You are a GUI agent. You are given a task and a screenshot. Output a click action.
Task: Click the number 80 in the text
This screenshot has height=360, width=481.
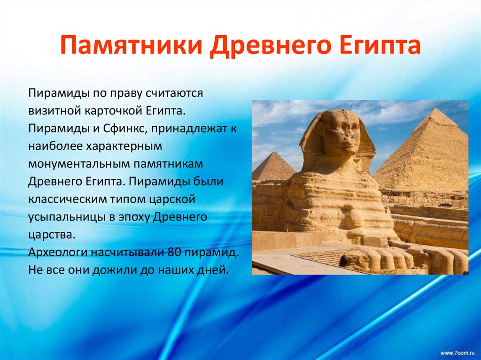[x=172, y=253]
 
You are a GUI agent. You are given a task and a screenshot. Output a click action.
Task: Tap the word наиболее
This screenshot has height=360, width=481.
[x=54, y=146]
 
